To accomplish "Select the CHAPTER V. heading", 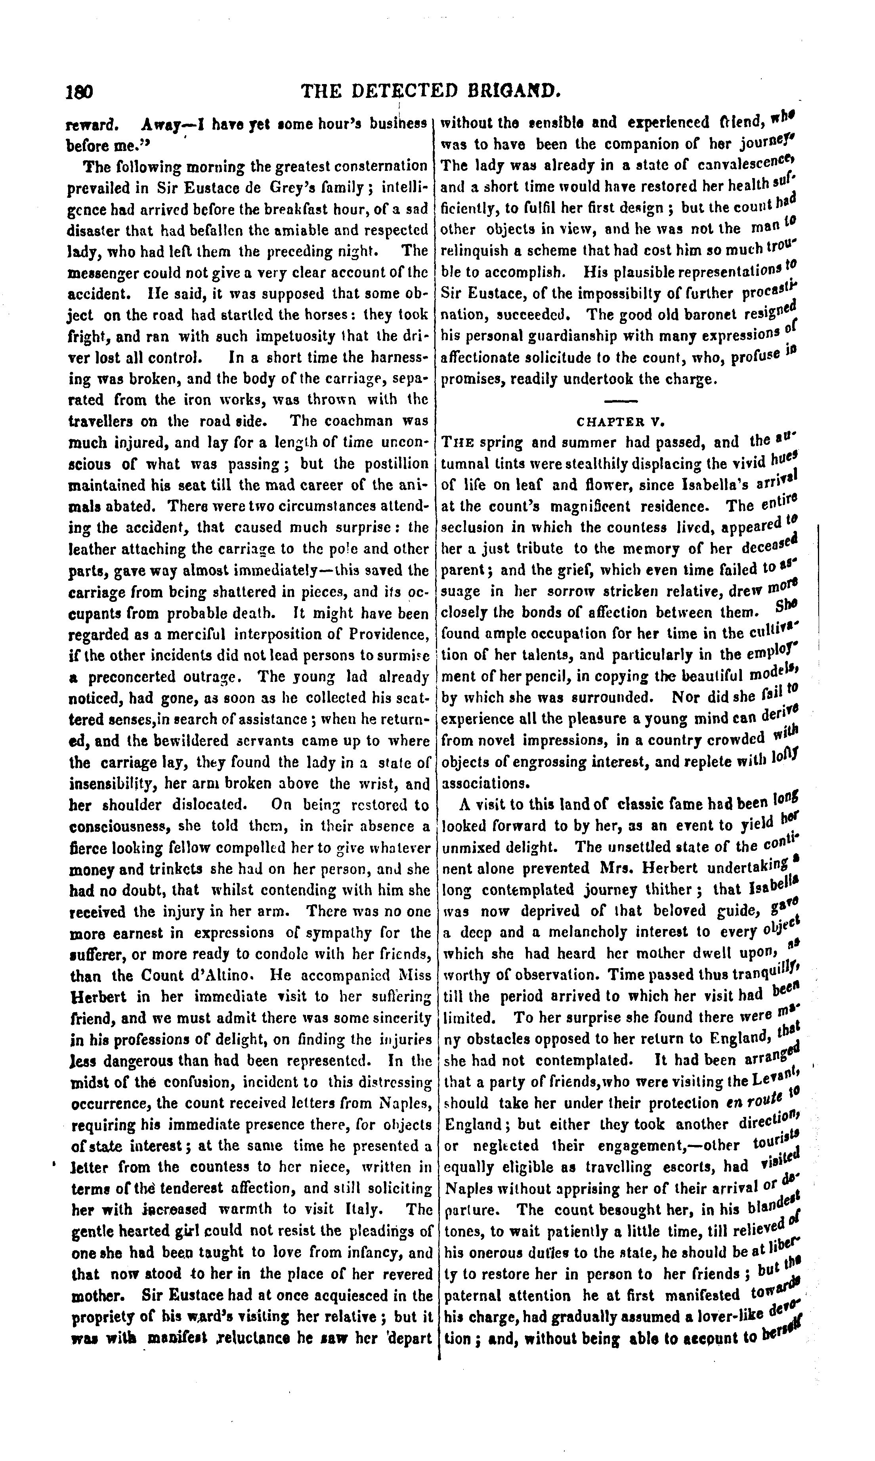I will click(620, 422).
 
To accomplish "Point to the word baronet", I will click(672, 314).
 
